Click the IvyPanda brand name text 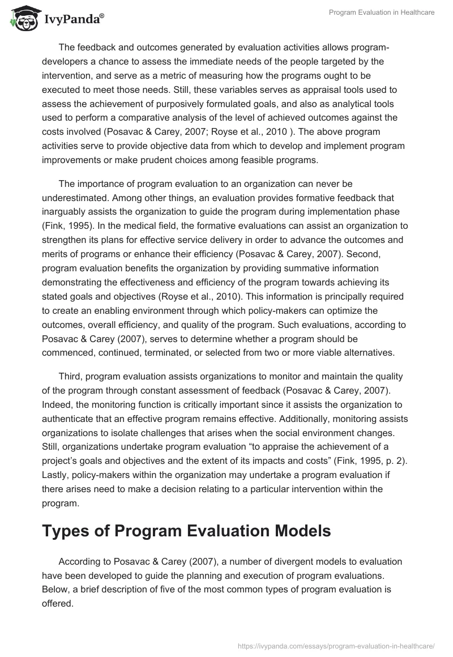click(x=73, y=19)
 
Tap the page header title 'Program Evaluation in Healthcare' click(x=382, y=12)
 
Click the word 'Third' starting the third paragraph click(x=70, y=377)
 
